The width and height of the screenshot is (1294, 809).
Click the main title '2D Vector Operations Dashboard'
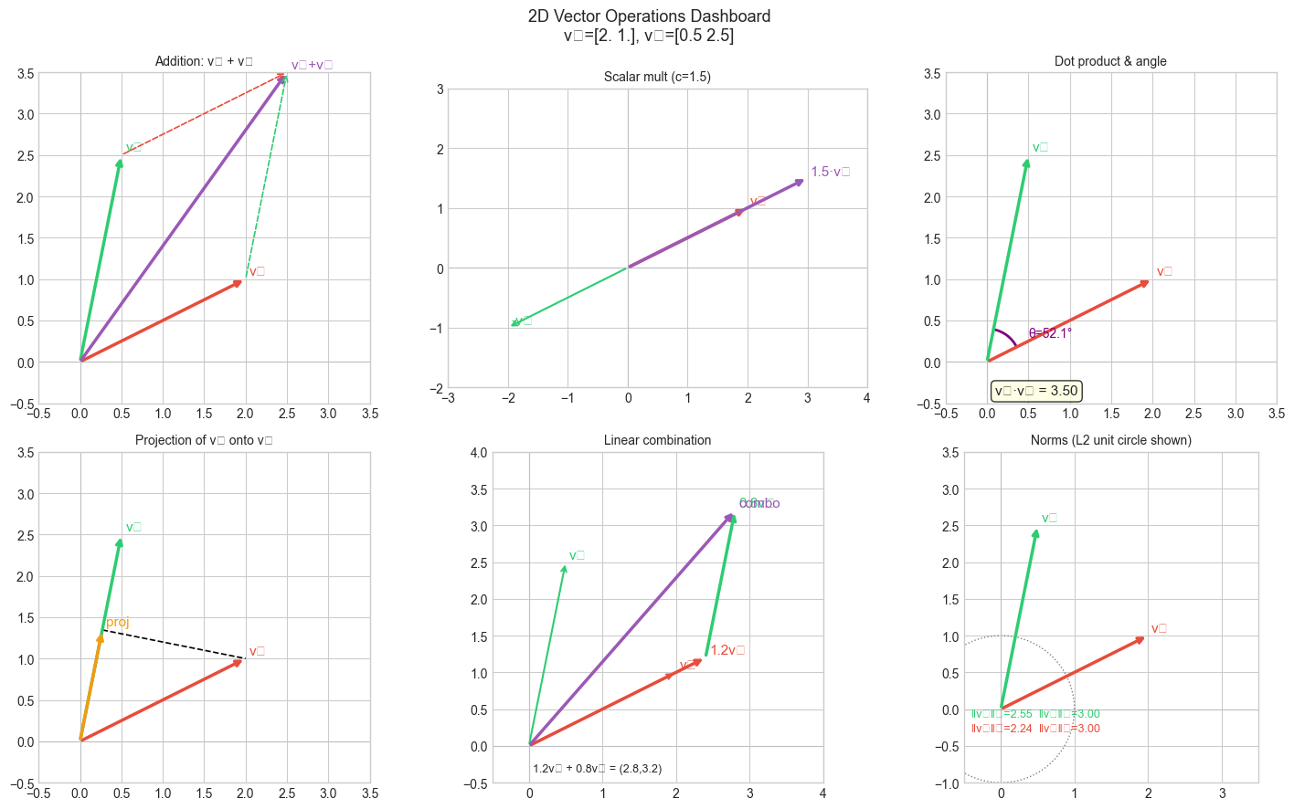point(649,16)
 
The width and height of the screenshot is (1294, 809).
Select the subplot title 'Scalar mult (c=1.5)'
point(657,77)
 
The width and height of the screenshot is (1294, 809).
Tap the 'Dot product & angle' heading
point(1110,61)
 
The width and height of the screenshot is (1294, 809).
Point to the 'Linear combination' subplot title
point(657,440)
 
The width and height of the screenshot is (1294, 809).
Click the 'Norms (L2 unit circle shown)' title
point(1110,440)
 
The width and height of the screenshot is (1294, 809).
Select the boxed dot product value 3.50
point(1036,391)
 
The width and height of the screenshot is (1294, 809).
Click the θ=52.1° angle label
point(1050,333)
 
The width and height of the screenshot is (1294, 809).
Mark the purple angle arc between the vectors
point(1009,335)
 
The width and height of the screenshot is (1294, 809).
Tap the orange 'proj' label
point(118,622)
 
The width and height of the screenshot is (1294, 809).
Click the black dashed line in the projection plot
point(174,644)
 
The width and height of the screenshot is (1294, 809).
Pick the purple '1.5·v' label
point(830,172)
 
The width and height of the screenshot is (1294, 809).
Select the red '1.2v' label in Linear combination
point(727,650)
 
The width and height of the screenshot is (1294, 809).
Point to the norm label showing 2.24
point(1002,729)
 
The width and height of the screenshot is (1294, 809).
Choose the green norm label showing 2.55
point(1002,714)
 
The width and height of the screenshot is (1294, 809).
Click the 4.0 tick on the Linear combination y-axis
point(478,453)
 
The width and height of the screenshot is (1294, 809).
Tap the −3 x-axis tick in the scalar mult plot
point(449,398)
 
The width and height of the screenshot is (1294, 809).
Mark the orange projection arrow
point(91,685)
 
